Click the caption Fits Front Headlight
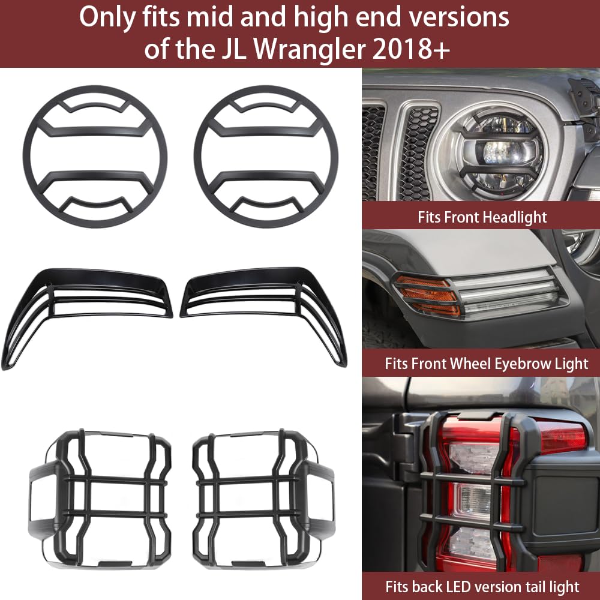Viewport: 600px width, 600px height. point(482,217)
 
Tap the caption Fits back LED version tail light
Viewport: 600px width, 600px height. point(482,586)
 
